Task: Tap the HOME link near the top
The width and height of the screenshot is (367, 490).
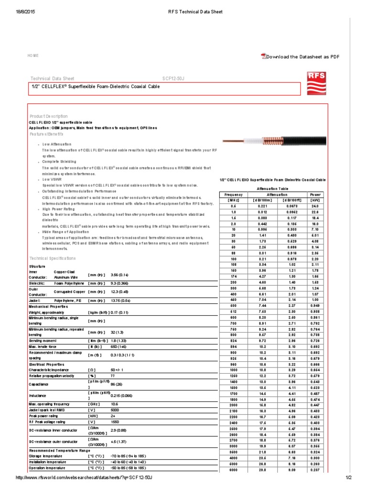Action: tap(33, 56)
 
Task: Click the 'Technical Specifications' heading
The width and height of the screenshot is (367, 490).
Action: tap(53, 258)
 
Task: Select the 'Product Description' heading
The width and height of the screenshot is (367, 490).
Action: tap(49, 116)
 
